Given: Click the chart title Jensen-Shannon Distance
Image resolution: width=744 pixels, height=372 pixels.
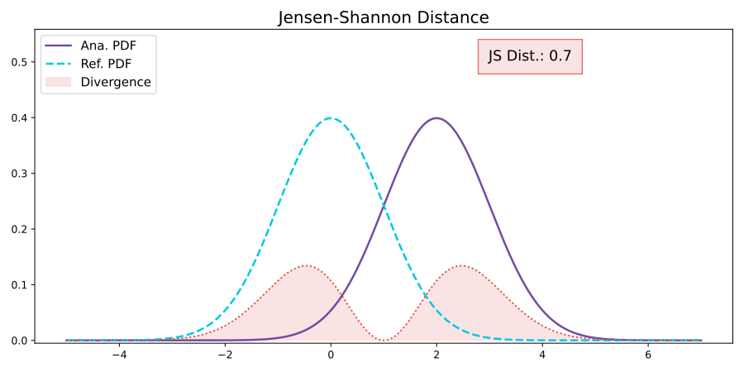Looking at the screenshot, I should tap(384, 17).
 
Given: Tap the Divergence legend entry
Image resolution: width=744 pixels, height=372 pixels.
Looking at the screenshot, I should tap(116, 82).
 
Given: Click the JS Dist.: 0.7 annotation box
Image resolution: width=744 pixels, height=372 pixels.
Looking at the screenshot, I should tap(530, 56).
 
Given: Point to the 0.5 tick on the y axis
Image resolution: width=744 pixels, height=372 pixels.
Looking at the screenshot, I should tap(19, 62).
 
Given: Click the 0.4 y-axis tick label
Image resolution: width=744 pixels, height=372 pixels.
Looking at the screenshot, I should tap(19, 118).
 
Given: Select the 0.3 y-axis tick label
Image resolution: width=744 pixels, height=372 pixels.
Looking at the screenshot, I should tap(19, 174).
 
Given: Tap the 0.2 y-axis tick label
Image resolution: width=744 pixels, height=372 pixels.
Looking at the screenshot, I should tap(19, 229).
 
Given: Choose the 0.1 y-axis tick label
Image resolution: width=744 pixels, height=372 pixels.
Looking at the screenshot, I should tap(19, 285).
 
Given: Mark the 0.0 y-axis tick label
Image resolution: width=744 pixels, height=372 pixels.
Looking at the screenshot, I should tap(19, 341).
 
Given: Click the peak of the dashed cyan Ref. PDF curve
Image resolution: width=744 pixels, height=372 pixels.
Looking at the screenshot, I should tap(331, 118).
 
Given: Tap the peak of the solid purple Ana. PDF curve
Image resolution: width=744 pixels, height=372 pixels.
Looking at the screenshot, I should tap(436, 118).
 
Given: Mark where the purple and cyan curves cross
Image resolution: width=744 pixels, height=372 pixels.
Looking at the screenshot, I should tap(384, 205).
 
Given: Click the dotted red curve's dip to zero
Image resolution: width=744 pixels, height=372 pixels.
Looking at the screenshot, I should tap(384, 340).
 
